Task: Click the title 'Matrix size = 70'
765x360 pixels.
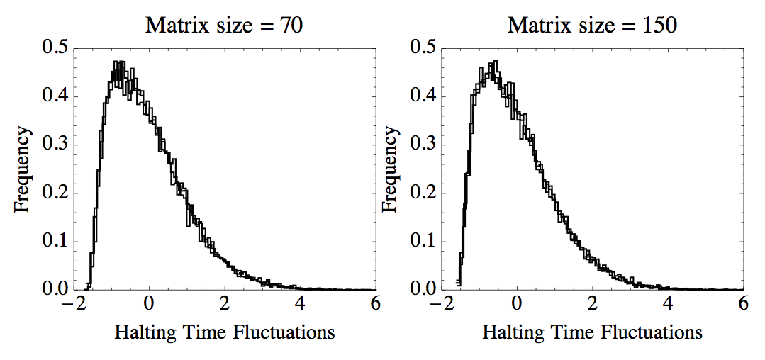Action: coord(225,26)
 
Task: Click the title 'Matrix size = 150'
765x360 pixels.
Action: coord(593,26)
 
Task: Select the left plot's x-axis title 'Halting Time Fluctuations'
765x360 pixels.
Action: coord(224,332)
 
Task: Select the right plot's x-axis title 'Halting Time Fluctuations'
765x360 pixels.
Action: coord(593,332)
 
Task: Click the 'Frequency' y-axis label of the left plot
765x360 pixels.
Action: coord(23,169)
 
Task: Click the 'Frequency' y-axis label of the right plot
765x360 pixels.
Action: coord(391,169)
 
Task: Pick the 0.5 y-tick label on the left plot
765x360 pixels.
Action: coord(56,48)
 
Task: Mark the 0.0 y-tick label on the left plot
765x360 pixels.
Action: coord(56,290)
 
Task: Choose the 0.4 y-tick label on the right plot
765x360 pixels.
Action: coord(424,96)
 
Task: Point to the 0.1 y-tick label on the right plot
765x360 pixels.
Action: coord(424,242)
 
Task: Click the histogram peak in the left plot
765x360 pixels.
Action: coord(119,64)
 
